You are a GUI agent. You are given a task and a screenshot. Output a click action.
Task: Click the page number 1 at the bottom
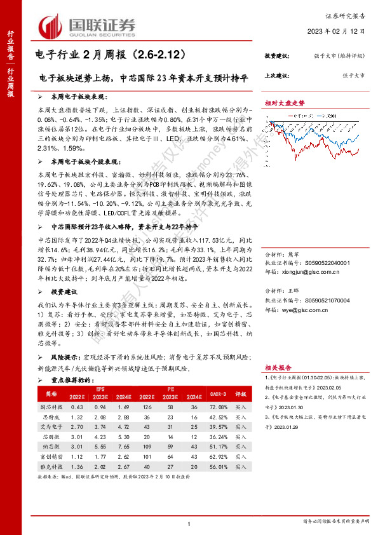coord(189,522)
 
